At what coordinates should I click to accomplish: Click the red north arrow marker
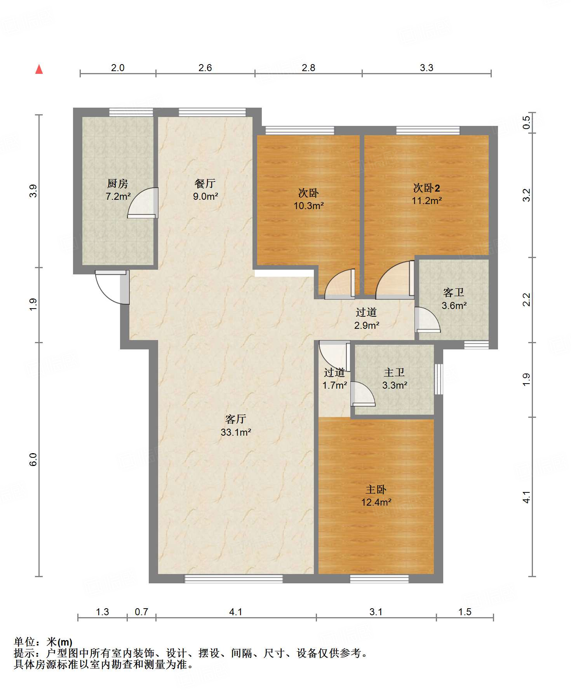point(39,69)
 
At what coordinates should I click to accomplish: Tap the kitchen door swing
point(143,202)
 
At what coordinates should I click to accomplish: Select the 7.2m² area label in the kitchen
point(118,196)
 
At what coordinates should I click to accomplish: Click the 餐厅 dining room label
point(205,183)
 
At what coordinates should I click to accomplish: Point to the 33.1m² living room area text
point(236,432)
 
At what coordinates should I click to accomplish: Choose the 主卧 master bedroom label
point(376,490)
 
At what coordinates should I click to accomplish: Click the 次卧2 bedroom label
point(427,188)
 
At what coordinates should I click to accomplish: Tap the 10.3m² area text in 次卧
point(309,206)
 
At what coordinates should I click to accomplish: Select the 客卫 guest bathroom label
point(454,293)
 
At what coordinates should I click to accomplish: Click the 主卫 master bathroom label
point(394,373)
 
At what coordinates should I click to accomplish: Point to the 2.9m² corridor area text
point(367,325)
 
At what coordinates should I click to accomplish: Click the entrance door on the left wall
point(112,287)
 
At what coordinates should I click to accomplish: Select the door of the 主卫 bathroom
point(363,394)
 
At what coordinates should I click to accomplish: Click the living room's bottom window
point(233,579)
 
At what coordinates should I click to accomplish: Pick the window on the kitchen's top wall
point(131,112)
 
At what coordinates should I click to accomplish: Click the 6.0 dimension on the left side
point(33,459)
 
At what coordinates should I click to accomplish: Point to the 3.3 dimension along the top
point(427,68)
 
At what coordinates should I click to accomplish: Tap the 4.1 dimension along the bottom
point(236,612)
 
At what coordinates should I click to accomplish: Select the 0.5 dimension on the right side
point(526,123)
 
